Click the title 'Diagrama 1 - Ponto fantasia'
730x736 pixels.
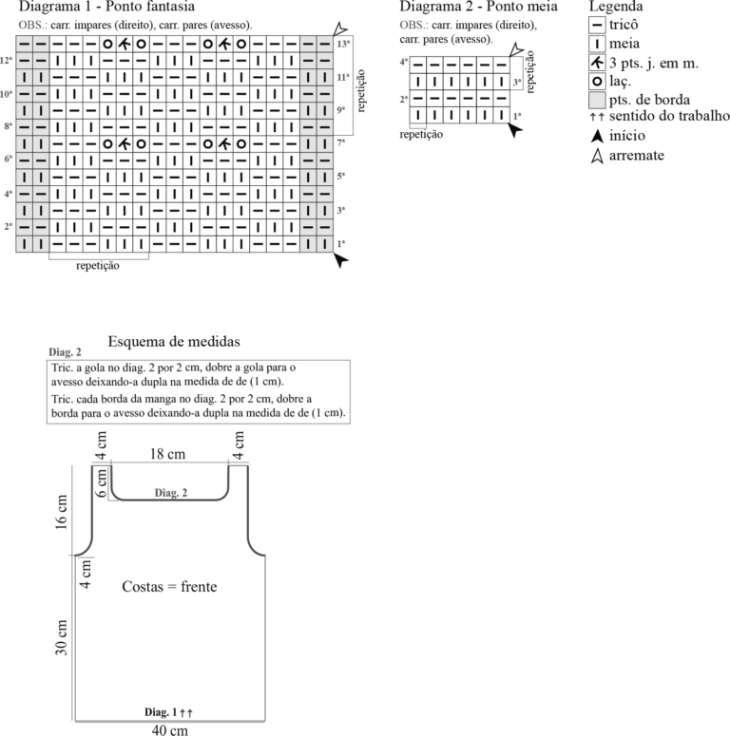click(106, 6)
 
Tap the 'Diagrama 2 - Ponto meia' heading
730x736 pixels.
click(478, 6)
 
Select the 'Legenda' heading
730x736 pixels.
click(616, 6)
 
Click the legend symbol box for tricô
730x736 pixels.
click(597, 25)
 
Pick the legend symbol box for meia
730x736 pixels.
click(597, 44)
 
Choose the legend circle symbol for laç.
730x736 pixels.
click(597, 82)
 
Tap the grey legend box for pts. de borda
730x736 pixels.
click(597, 100)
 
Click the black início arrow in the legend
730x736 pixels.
click(597, 136)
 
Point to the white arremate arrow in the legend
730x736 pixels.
click(597, 156)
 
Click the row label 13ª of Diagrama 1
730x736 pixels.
click(343, 44)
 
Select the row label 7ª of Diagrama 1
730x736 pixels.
click(341, 142)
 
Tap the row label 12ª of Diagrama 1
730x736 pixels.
click(7, 61)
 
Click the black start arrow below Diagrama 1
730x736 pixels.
click(341, 259)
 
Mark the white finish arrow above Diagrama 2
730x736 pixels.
click(516, 49)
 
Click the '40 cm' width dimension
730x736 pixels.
click(169, 730)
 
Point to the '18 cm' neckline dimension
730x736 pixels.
click(167, 454)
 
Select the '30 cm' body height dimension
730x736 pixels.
click(61, 638)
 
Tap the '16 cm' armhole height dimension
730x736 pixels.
click(61, 513)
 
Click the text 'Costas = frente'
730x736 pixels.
click(169, 586)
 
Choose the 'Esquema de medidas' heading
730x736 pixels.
click(174, 341)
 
